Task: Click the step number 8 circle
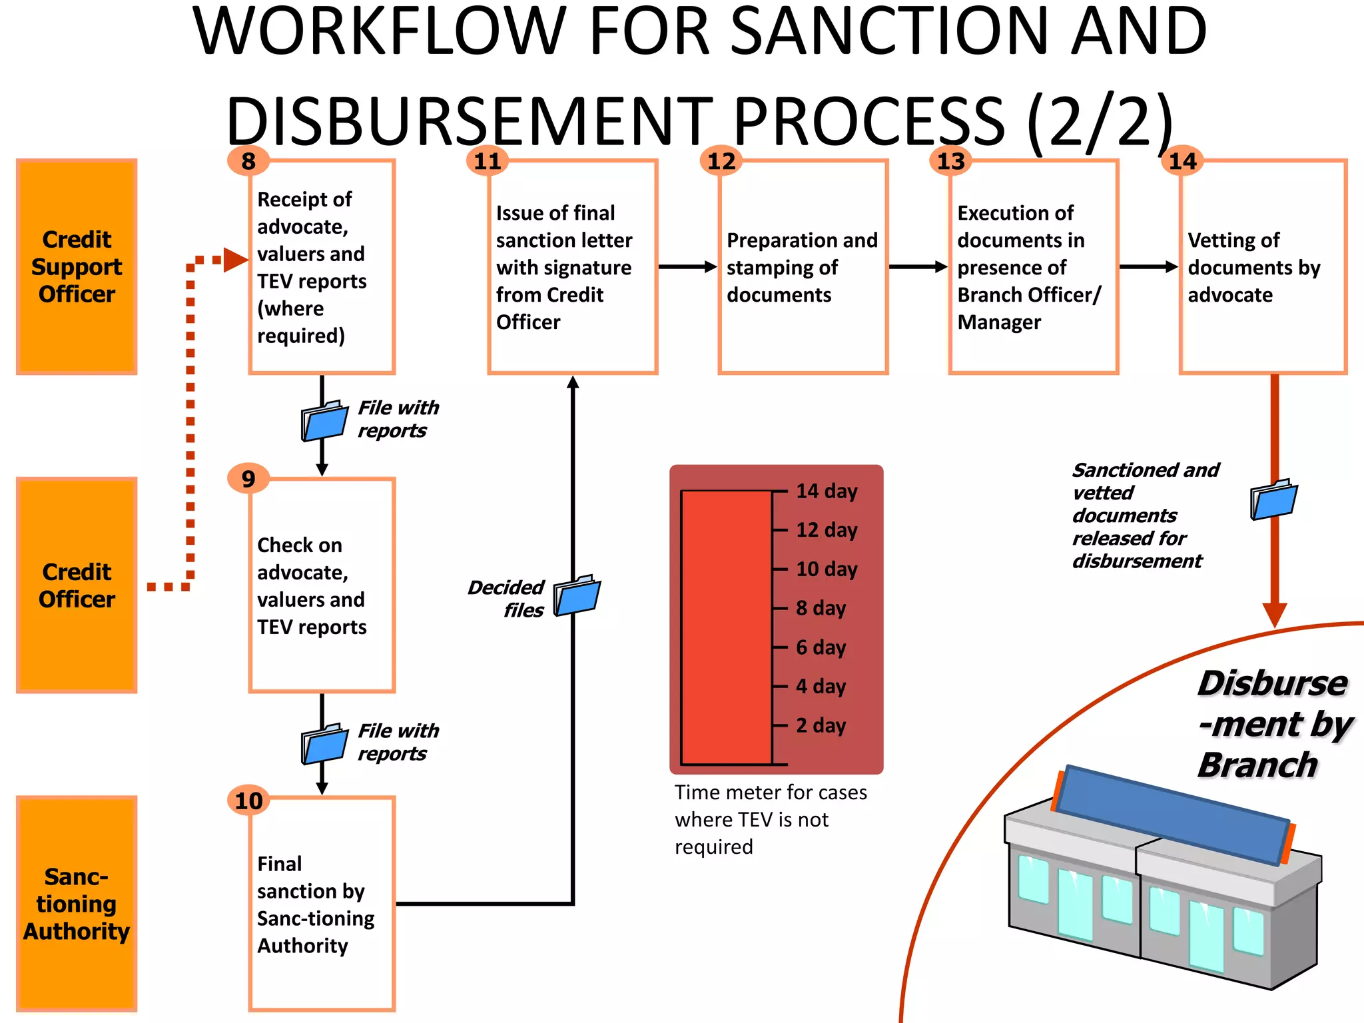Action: click(x=248, y=161)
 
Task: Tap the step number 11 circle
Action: click(x=487, y=161)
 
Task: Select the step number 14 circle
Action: click(x=1182, y=161)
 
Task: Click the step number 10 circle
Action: click(x=248, y=801)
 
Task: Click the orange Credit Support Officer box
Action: click(x=77, y=266)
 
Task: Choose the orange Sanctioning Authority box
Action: click(x=77, y=904)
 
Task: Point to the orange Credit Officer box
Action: click(x=77, y=585)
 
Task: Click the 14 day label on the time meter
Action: click(x=827, y=491)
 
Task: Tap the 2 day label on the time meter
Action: click(x=821, y=725)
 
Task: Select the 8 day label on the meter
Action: click(x=821, y=607)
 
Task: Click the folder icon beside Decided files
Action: click(x=577, y=595)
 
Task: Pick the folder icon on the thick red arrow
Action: click(x=1273, y=500)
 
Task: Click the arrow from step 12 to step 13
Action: click(x=918, y=267)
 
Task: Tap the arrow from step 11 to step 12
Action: click(x=687, y=267)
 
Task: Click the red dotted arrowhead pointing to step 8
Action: click(x=235, y=260)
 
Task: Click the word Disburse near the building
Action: click(x=1272, y=683)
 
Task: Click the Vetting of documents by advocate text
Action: click(x=1253, y=267)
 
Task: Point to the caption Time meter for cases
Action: click(x=771, y=793)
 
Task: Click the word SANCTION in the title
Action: click(x=893, y=32)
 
